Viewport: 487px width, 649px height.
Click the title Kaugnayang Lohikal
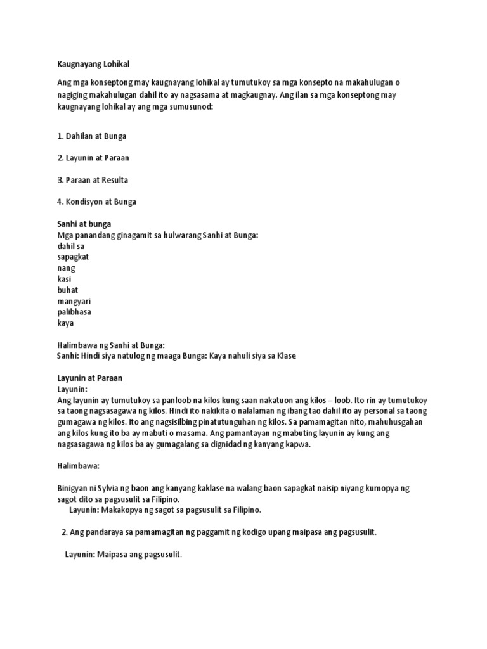click(89, 64)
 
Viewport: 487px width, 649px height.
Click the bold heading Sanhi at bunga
click(84, 224)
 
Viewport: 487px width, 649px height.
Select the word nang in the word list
click(66, 268)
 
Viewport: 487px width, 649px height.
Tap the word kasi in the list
click(65, 279)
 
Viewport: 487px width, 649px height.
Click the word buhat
click(67, 290)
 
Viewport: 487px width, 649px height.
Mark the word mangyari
click(74, 301)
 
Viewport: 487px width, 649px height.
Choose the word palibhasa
click(74, 312)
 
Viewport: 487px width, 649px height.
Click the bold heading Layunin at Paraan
click(89, 378)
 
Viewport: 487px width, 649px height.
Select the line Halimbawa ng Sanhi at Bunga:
click(111, 345)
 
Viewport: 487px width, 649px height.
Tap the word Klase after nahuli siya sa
click(285, 356)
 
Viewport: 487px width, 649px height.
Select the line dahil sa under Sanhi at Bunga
click(70, 246)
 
